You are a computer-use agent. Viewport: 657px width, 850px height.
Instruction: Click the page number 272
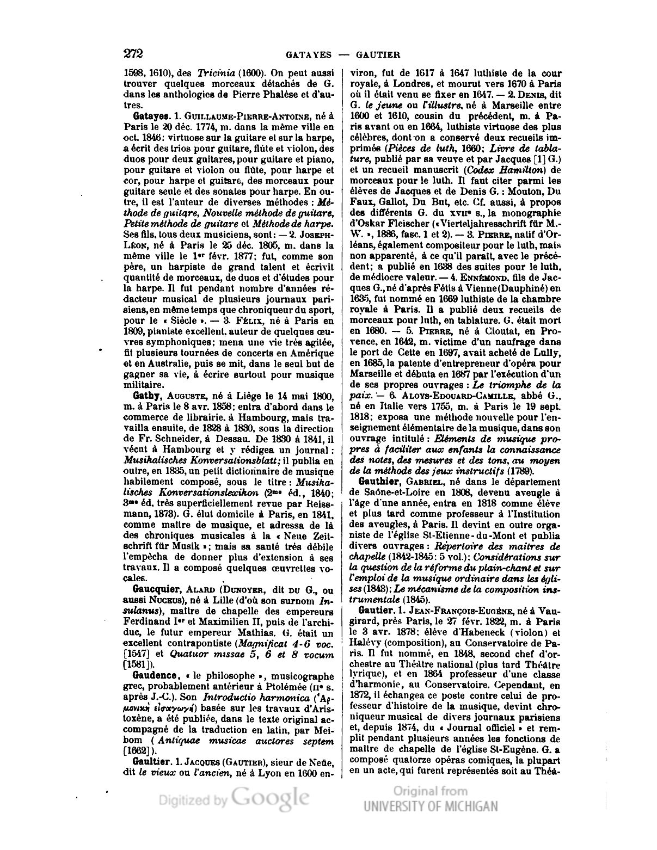tap(133, 53)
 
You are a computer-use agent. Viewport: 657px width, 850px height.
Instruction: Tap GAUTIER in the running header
tap(378, 54)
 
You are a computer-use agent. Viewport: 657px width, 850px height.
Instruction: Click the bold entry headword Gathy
tap(145, 396)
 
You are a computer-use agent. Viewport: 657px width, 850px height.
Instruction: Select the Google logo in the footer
tap(270, 799)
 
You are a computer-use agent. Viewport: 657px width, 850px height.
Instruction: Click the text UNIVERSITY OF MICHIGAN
tap(431, 806)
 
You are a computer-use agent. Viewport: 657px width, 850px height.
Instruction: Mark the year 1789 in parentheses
tap(520, 471)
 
